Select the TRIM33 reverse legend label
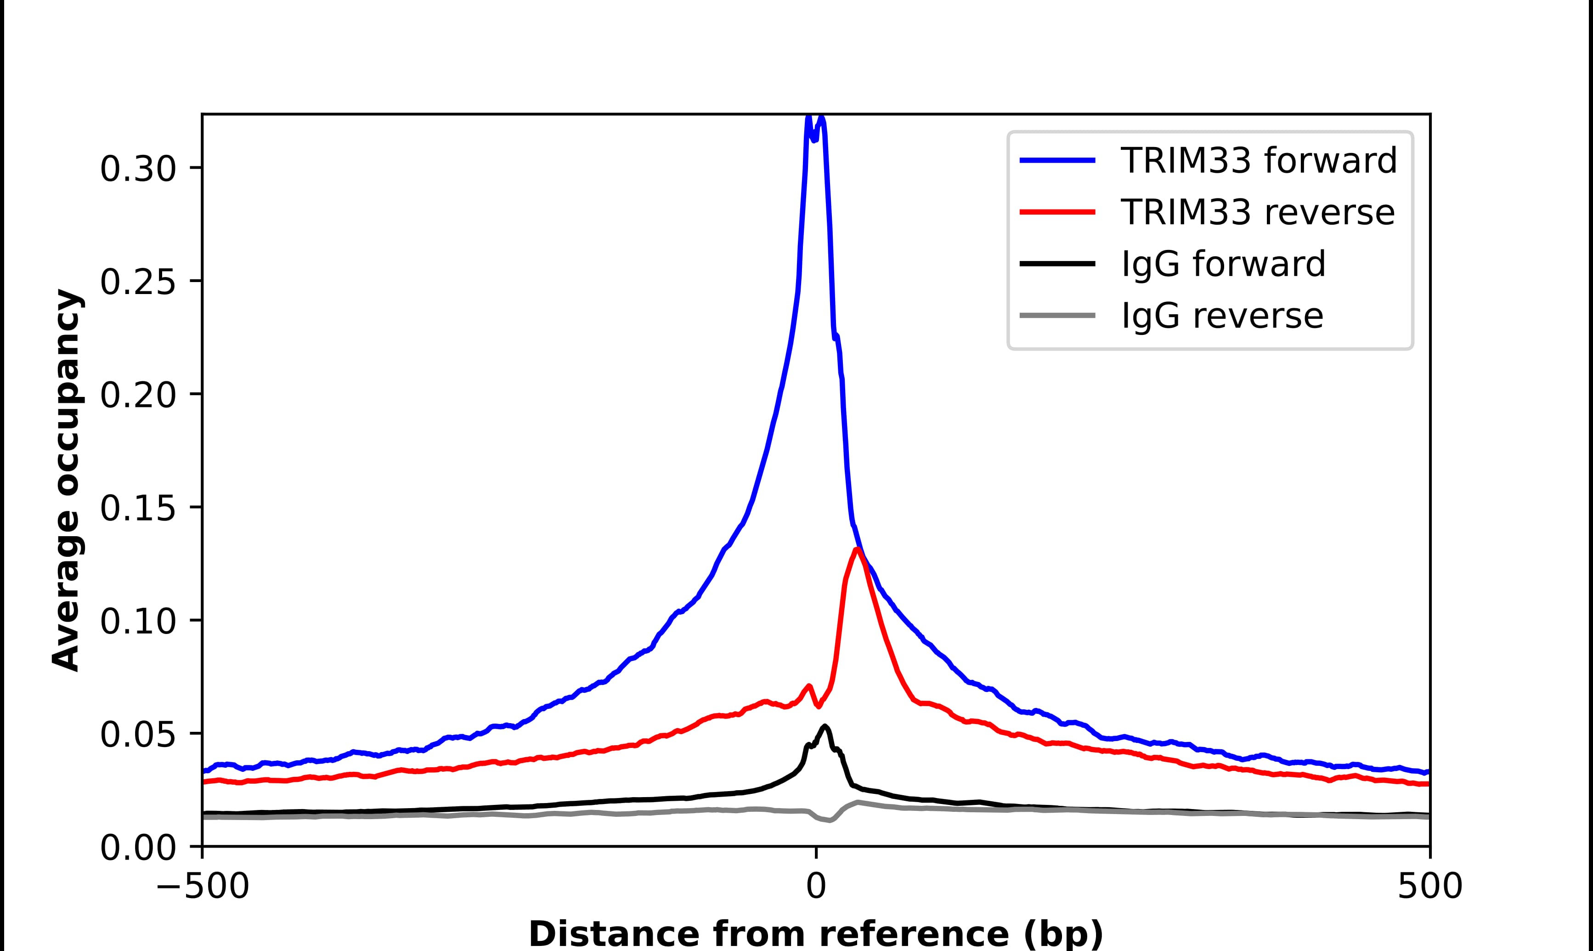pyautogui.click(x=1257, y=212)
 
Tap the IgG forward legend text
pyautogui.click(x=1223, y=264)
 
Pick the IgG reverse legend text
pyautogui.click(x=1221, y=316)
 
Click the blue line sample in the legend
pyautogui.click(x=1057, y=160)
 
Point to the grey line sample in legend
pyautogui.click(x=1057, y=315)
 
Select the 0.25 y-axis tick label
pyautogui.click(x=138, y=282)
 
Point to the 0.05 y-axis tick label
pyautogui.click(x=138, y=735)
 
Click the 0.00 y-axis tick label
pyautogui.click(x=138, y=848)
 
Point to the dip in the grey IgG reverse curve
pyautogui.click(x=830, y=820)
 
